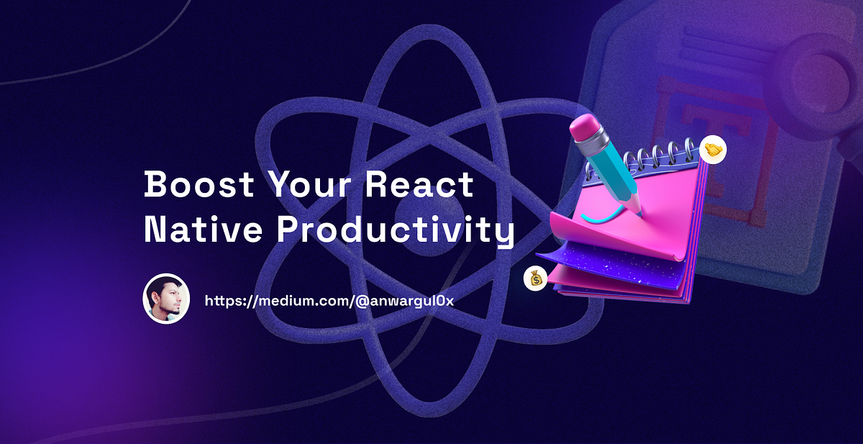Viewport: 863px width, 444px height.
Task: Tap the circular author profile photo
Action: pos(166,299)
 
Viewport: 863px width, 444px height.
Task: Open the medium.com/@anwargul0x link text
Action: pos(329,301)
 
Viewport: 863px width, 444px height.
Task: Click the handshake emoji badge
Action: pos(713,150)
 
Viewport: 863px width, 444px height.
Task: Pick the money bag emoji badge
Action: pos(535,278)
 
